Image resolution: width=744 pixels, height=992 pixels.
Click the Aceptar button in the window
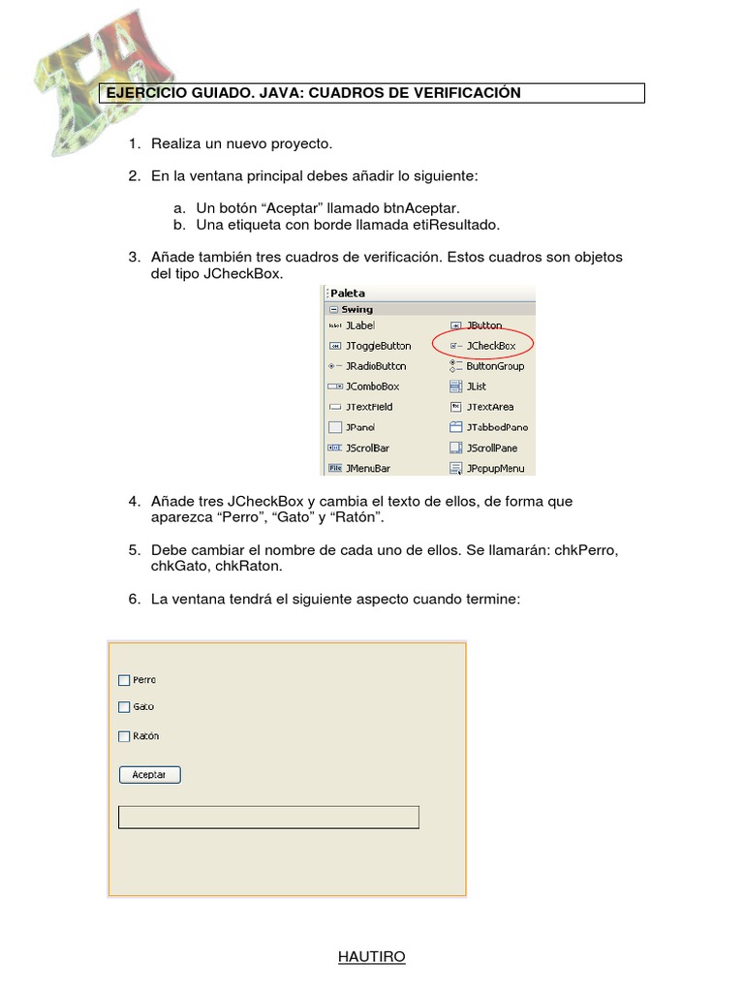pos(149,775)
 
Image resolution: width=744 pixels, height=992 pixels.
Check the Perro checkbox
pos(124,680)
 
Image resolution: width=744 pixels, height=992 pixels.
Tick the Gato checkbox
pos(124,707)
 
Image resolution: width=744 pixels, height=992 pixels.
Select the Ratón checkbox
pos(124,736)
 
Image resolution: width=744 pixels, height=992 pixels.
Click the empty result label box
pos(268,817)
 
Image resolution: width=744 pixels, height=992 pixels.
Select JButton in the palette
pos(483,325)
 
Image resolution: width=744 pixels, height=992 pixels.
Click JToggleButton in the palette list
pos(377,346)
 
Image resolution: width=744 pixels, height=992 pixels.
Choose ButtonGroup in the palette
pos(494,366)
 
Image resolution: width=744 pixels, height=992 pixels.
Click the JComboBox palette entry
pos(371,387)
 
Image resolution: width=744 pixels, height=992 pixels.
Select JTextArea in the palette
pos(489,407)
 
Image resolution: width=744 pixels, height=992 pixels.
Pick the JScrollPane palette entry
pos(491,448)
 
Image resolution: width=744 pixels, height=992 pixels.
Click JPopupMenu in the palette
pos(494,468)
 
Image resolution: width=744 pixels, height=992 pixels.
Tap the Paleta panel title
pos(348,293)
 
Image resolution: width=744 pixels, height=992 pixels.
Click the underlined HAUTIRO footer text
pos(372,957)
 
